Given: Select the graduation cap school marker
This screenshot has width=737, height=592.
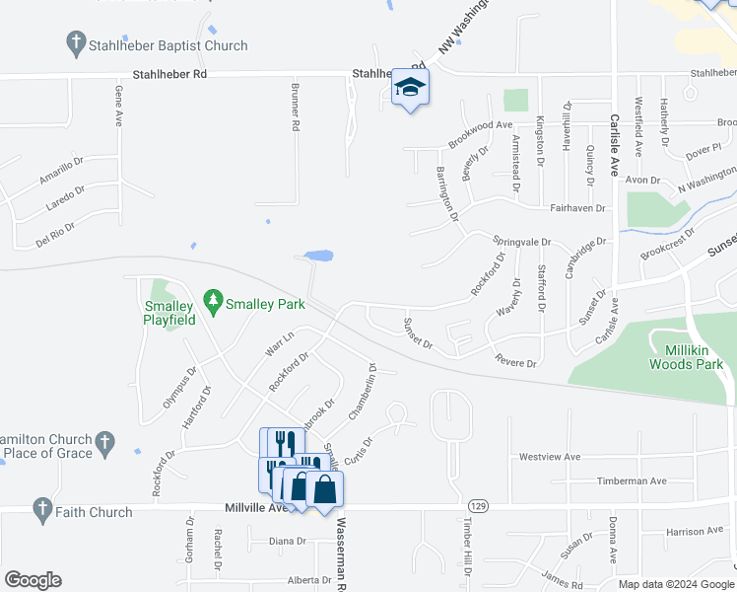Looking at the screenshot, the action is coord(409,89).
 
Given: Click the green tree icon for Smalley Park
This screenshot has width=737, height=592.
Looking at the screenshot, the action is coord(212,298).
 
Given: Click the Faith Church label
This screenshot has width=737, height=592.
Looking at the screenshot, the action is coord(95,512).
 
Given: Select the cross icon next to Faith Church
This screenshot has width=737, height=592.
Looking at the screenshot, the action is coord(42,510).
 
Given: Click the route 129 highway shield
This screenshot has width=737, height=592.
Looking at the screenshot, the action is coord(478,504).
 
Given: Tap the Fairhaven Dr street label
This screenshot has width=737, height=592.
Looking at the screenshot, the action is coord(576,208).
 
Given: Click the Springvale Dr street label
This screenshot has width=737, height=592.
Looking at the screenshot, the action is coord(521,241).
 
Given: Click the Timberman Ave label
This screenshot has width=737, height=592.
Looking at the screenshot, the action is coord(632,481).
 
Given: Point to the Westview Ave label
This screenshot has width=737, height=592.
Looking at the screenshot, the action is coord(549,457).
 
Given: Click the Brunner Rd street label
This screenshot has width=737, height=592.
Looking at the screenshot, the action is coord(294,107).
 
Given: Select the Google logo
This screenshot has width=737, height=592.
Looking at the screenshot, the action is coord(33,580).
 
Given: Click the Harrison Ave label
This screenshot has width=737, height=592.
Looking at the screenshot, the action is coord(693,532).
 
